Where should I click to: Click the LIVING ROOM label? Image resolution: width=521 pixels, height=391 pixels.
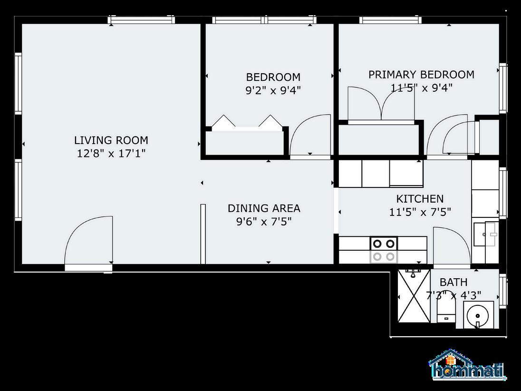[111, 140]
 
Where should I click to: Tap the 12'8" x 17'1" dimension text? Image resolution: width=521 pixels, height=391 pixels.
[111, 154]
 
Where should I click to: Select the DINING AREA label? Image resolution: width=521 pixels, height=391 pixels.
[264, 208]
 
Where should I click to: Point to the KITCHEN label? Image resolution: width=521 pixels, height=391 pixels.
[420, 199]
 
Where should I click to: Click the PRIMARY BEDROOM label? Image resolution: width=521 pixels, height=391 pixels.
[421, 75]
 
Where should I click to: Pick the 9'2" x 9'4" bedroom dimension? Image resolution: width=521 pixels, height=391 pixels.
[273, 90]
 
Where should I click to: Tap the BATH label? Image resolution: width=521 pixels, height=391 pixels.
[453, 282]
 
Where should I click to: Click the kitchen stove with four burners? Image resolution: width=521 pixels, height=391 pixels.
[384, 250]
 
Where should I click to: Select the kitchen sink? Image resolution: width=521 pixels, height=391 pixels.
[485, 234]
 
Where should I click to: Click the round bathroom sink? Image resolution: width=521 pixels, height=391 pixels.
[477, 315]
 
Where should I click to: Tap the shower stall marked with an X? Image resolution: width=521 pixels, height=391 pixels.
[414, 295]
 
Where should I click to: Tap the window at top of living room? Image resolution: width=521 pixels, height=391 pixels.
[142, 20]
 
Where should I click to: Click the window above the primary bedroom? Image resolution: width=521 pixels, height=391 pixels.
[390, 20]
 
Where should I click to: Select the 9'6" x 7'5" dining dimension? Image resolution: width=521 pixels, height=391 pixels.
[264, 222]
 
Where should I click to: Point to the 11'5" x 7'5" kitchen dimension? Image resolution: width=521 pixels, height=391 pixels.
[420, 212]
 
